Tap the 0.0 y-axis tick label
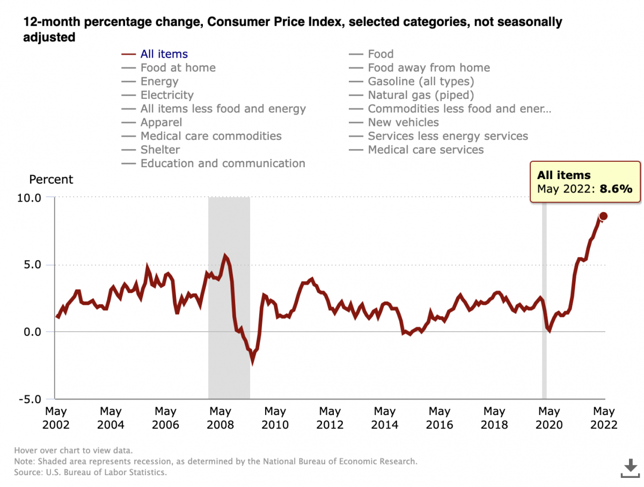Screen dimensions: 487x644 click(x=32, y=332)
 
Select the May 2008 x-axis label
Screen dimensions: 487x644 click(x=220, y=418)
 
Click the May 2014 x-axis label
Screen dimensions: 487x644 click(x=384, y=418)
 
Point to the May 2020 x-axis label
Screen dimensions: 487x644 click(x=548, y=418)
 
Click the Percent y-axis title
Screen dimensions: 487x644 click(x=51, y=180)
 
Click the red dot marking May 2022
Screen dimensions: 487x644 click(x=603, y=216)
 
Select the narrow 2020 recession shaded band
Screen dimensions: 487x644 click(x=544, y=296)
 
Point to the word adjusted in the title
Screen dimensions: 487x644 click(x=48, y=38)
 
